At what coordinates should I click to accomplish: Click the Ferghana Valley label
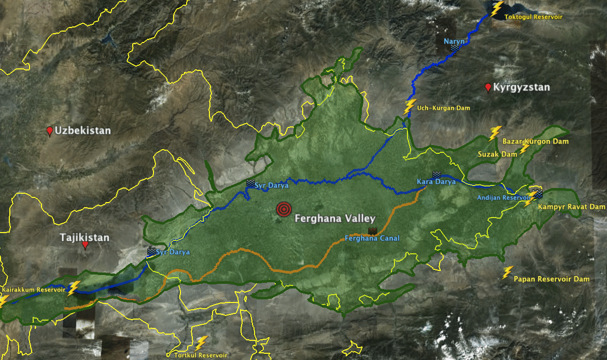[x=334, y=219]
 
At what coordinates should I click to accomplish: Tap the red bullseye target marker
[x=283, y=209]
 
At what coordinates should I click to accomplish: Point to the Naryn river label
[x=454, y=41]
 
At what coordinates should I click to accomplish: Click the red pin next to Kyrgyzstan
[x=488, y=88]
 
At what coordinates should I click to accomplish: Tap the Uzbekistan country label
[x=82, y=131]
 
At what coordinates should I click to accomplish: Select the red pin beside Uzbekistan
[x=50, y=131]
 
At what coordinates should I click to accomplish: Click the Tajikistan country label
[x=84, y=238]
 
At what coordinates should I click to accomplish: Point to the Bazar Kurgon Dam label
[x=535, y=141]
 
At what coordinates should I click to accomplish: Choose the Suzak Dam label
[x=497, y=154]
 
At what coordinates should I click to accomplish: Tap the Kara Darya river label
[x=436, y=182]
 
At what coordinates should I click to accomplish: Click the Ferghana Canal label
[x=372, y=238]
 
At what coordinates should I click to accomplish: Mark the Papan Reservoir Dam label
[x=552, y=279]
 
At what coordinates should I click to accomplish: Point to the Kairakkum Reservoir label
[x=34, y=290]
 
